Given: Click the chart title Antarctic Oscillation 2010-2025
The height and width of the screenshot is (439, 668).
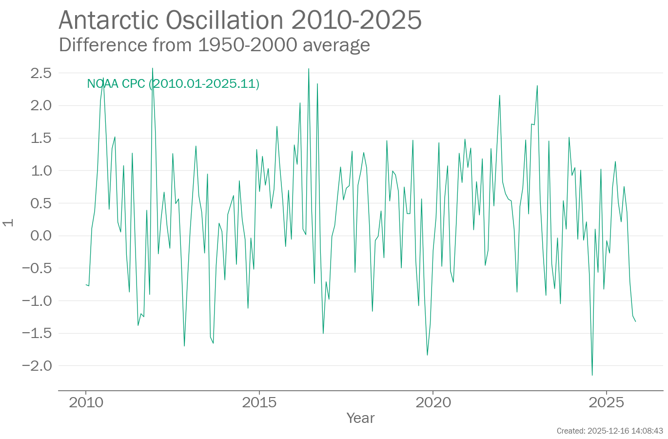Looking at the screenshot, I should pyautogui.click(x=240, y=20).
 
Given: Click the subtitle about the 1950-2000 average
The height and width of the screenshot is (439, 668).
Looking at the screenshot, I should pyautogui.click(x=214, y=45).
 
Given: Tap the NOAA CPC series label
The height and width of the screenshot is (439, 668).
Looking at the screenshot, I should pyautogui.click(x=173, y=84).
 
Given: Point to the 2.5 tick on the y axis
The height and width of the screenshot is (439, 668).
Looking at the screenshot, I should pyautogui.click(x=41, y=73).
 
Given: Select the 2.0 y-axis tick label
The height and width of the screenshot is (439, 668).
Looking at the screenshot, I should pyautogui.click(x=41, y=105).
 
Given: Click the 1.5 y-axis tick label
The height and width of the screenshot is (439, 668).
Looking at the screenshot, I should pyautogui.click(x=41, y=138).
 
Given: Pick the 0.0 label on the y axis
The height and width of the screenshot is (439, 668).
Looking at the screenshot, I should pyautogui.click(x=41, y=236).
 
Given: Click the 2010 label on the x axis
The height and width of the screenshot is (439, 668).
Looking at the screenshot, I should pyautogui.click(x=86, y=402).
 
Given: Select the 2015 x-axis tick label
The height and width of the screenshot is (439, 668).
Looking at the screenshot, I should pyautogui.click(x=259, y=402).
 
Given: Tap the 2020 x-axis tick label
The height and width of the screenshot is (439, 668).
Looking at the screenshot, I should pyautogui.click(x=433, y=402).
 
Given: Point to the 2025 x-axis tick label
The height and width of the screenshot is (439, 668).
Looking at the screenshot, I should pyautogui.click(x=606, y=402).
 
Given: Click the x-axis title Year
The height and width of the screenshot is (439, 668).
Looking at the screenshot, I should pyautogui.click(x=360, y=418).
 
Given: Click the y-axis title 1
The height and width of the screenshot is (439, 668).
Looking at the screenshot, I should pyautogui.click(x=8, y=223).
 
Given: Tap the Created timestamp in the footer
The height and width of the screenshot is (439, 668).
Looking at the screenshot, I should pyautogui.click(x=609, y=431).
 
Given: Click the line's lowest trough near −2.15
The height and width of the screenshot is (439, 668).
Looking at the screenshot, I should pyautogui.click(x=592, y=375).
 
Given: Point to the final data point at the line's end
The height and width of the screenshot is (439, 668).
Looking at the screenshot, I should pyautogui.click(x=635, y=321).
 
